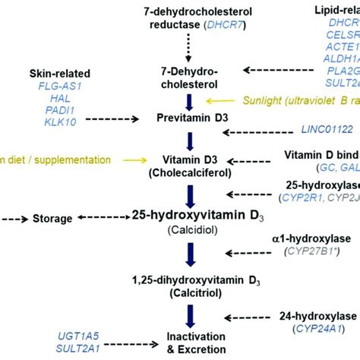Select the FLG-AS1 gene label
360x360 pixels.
pos(59,86)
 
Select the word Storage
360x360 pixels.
pos(52,218)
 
